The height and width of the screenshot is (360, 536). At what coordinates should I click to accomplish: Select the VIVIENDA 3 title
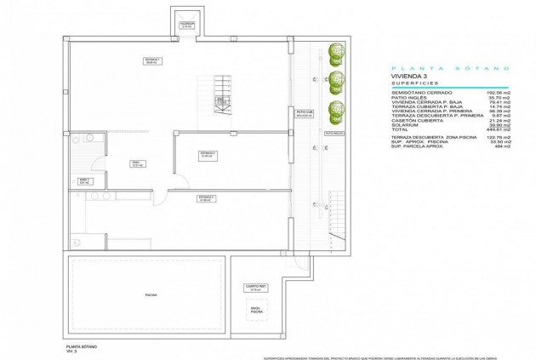coord(410,76)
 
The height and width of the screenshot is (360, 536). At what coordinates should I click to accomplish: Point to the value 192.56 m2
coord(496,91)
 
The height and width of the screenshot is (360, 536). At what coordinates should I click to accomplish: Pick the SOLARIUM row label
coord(406,126)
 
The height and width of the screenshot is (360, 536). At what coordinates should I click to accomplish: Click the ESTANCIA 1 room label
coord(152,60)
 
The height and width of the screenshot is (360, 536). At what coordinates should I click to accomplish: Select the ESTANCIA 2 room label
coord(207,154)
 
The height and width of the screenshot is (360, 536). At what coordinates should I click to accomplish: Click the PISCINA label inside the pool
coord(151,294)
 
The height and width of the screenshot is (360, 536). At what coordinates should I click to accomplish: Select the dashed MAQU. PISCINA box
coord(256,312)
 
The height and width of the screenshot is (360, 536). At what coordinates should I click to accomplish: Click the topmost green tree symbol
coord(336,51)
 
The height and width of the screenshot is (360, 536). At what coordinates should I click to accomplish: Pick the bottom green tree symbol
coord(336,109)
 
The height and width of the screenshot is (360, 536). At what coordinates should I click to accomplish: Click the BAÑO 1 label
coord(84,180)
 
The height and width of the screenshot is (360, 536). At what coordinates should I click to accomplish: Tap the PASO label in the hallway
coord(135,163)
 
